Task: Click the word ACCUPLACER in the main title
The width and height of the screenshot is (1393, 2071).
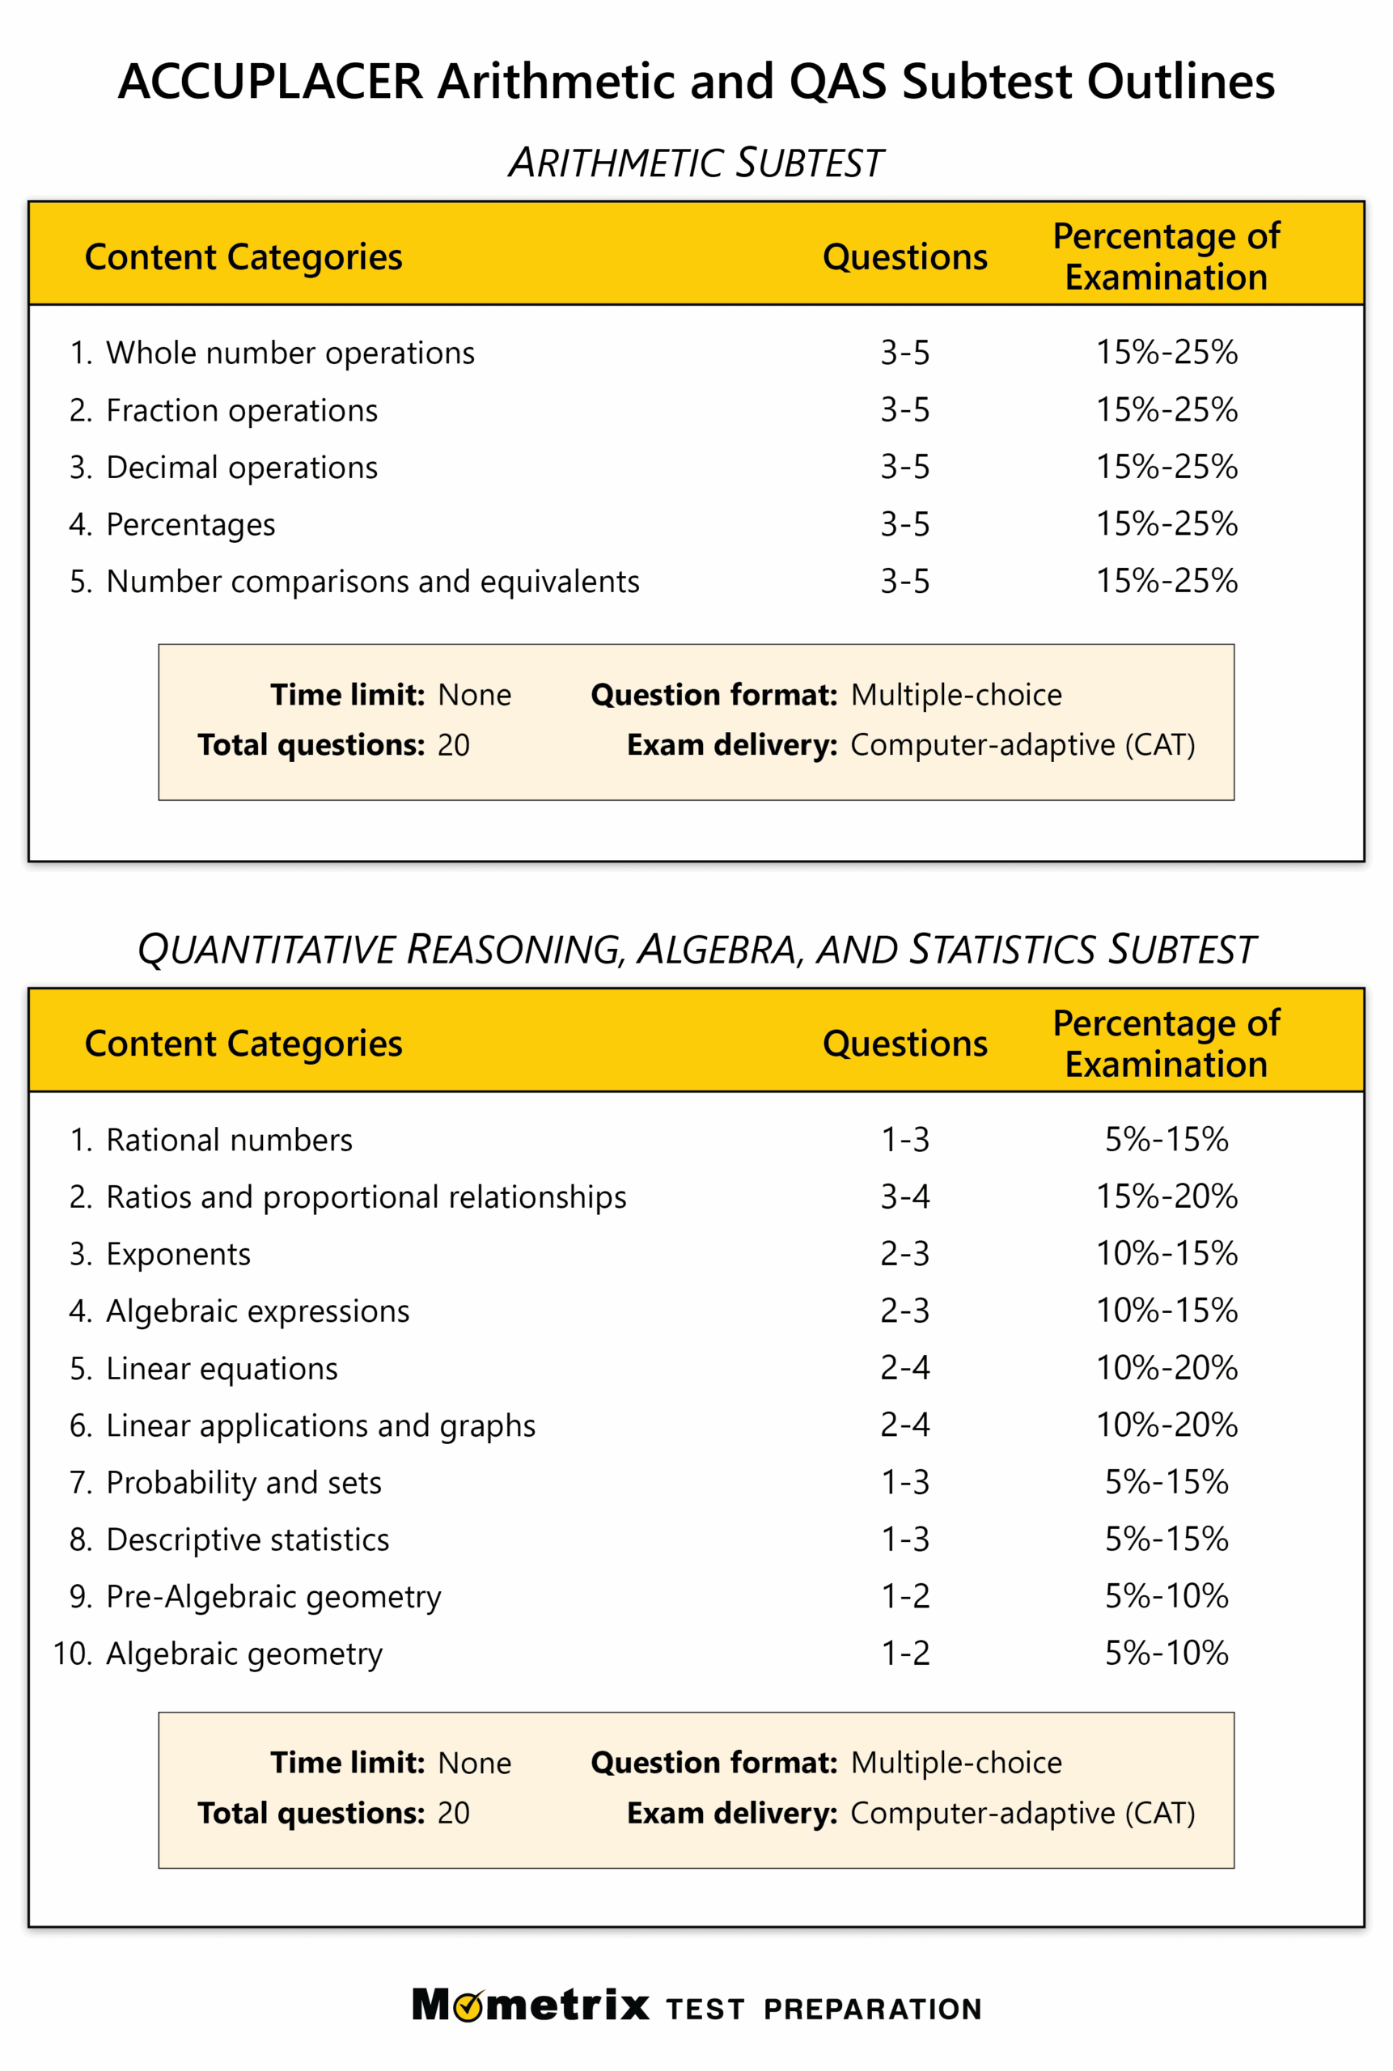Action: coord(270,82)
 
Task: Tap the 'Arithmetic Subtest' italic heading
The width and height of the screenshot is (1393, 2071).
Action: coord(696,163)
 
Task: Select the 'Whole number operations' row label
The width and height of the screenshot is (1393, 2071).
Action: coord(290,353)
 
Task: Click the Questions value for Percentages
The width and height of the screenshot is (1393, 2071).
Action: coord(904,524)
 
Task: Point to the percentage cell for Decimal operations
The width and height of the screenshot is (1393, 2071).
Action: coord(1166,467)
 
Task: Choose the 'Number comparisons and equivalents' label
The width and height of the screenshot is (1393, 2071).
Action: coord(372,581)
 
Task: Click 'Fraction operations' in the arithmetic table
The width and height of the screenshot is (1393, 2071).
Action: coord(242,410)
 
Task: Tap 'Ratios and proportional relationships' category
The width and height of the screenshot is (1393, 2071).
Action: coord(366,1196)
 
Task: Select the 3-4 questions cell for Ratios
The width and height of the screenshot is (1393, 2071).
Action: coord(904,1196)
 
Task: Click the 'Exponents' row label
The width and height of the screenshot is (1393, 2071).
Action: coord(178,1254)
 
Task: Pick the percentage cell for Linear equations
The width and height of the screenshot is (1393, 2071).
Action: coord(1166,1368)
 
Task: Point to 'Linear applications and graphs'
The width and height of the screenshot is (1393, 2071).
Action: coord(320,1425)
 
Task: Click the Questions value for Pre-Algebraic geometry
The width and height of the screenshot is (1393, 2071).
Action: coord(904,1597)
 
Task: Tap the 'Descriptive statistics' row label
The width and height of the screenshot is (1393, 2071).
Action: coord(247,1539)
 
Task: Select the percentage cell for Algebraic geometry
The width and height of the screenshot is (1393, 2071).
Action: coord(1166,1654)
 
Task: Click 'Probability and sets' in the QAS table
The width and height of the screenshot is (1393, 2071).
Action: coord(243,1482)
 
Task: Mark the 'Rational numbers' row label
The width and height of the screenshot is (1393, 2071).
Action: coord(229,1140)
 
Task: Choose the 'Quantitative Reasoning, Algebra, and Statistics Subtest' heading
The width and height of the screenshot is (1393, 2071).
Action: coord(696,950)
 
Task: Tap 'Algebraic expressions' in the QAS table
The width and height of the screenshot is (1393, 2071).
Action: coord(257,1311)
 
